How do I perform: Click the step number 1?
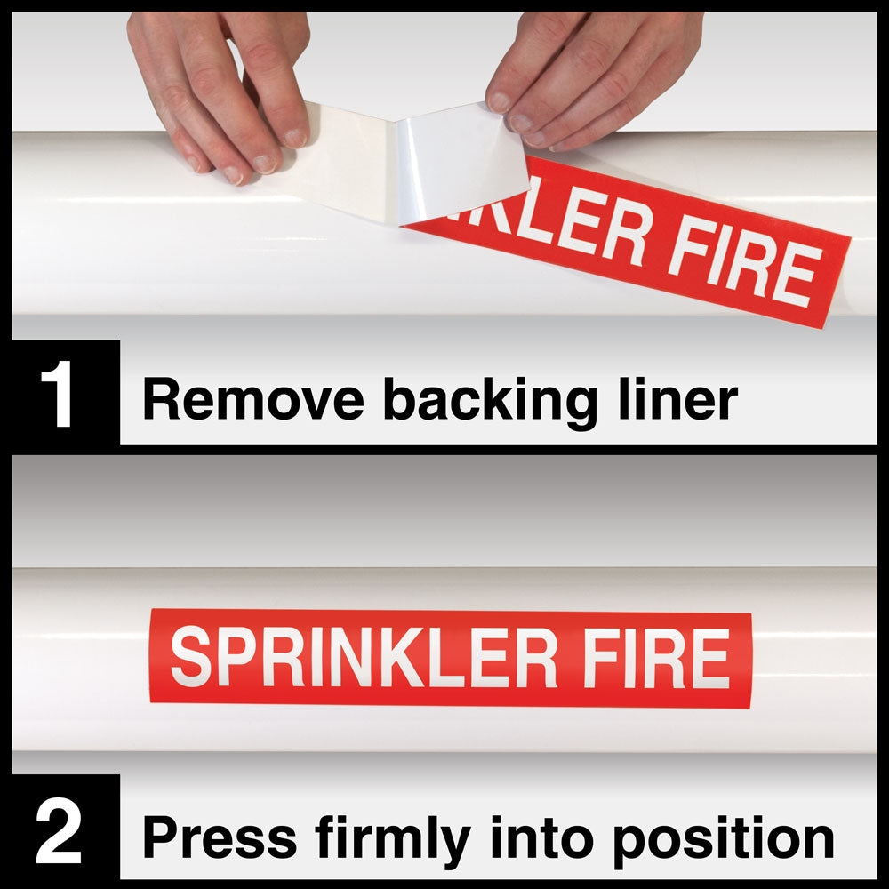[x=57, y=394]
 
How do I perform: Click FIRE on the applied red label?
[x=656, y=659]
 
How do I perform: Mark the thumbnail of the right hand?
[x=499, y=102]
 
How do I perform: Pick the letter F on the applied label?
[x=601, y=658]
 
